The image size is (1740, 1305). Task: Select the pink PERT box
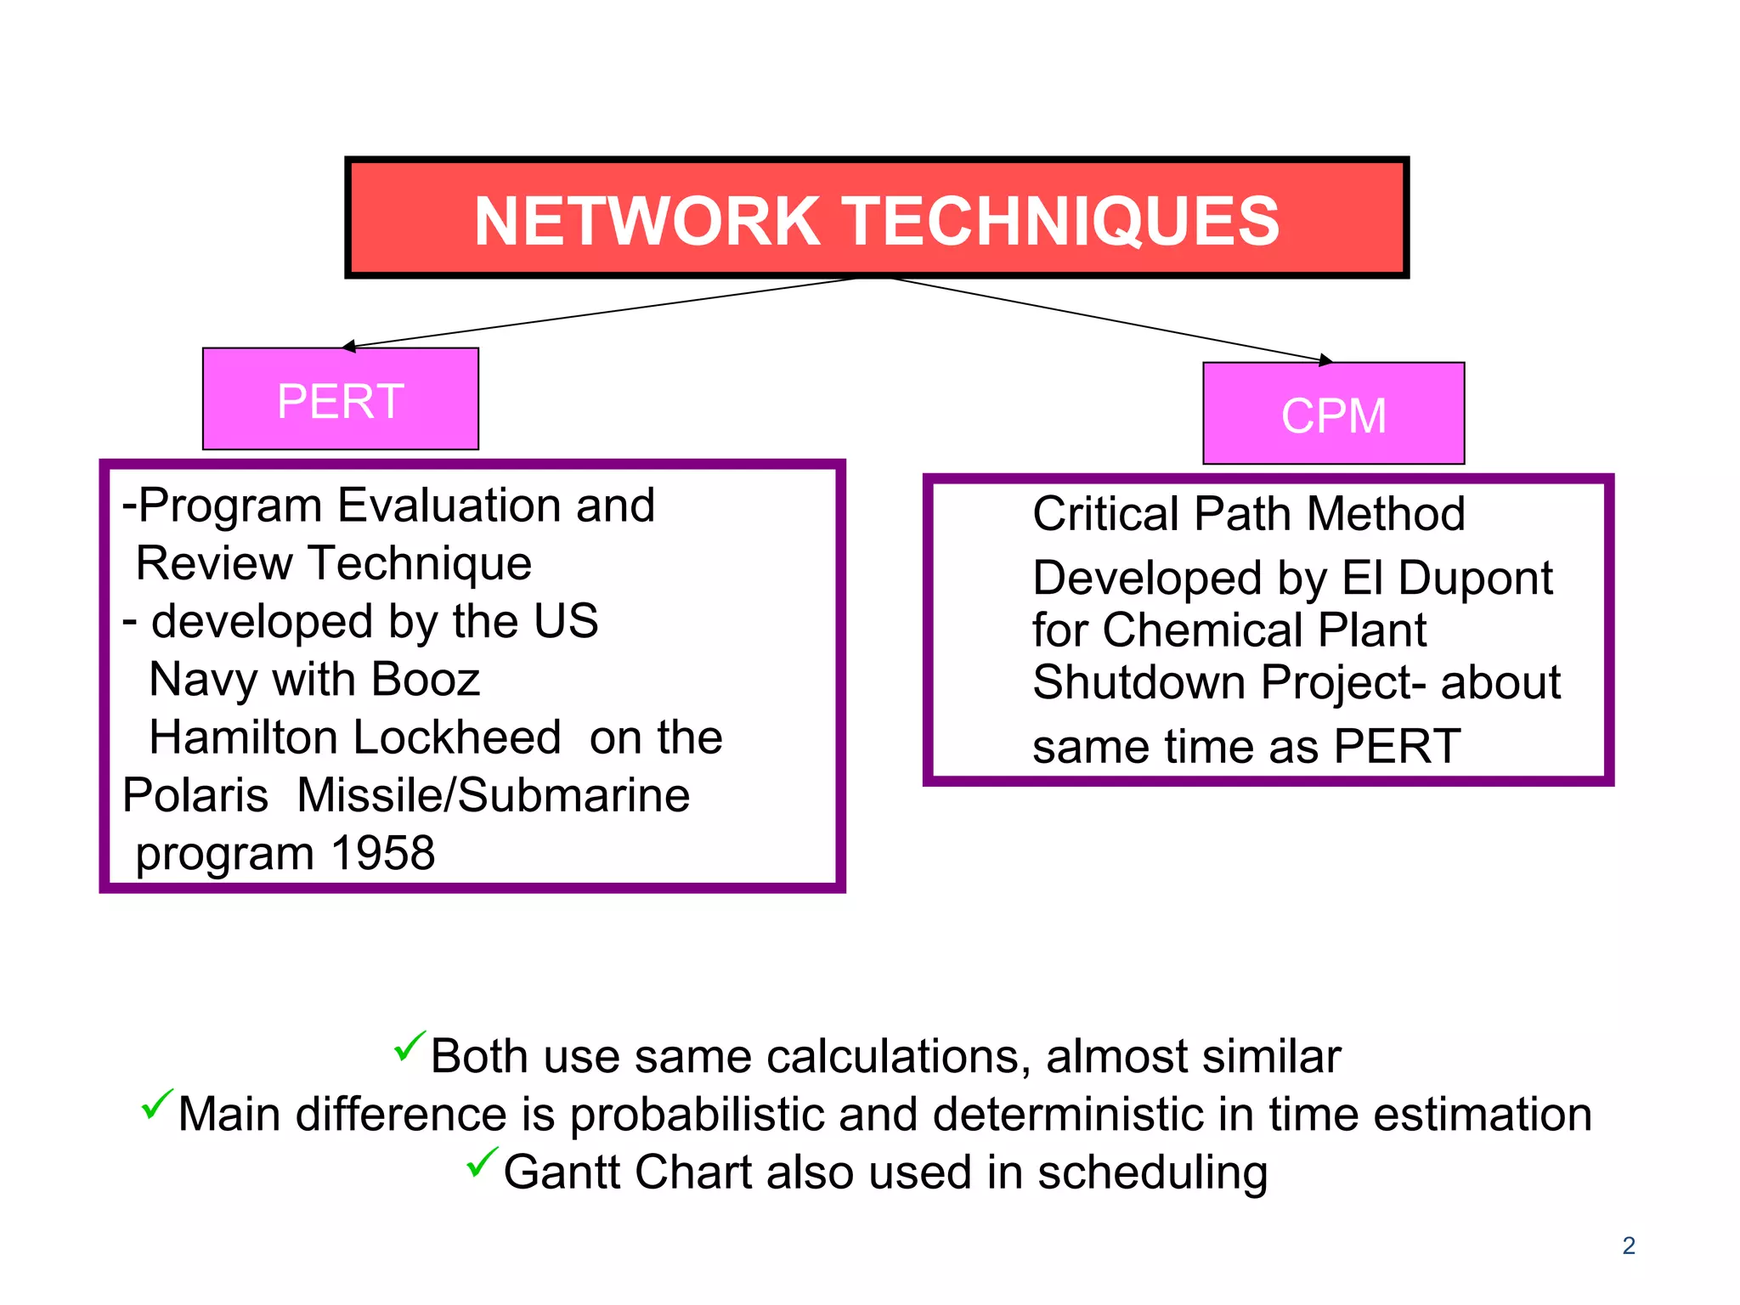(x=340, y=399)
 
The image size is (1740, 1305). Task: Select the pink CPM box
(x=1333, y=415)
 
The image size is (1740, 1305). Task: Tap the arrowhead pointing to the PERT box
(x=349, y=346)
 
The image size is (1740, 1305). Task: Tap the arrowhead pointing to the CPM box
(x=1325, y=360)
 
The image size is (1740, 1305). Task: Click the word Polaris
(x=195, y=795)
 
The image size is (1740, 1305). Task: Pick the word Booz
(x=426, y=680)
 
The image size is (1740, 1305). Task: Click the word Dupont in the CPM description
(x=1475, y=579)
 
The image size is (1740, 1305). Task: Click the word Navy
(x=203, y=680)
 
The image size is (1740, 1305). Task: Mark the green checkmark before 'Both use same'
(x=409, y=1046)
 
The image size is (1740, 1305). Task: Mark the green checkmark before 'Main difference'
(x=156, y=1104)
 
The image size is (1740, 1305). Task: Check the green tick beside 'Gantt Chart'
(x=482, y=1161)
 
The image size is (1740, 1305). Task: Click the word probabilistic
(x=697, y=1115)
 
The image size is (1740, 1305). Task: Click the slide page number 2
(x=1628, y=1246)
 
